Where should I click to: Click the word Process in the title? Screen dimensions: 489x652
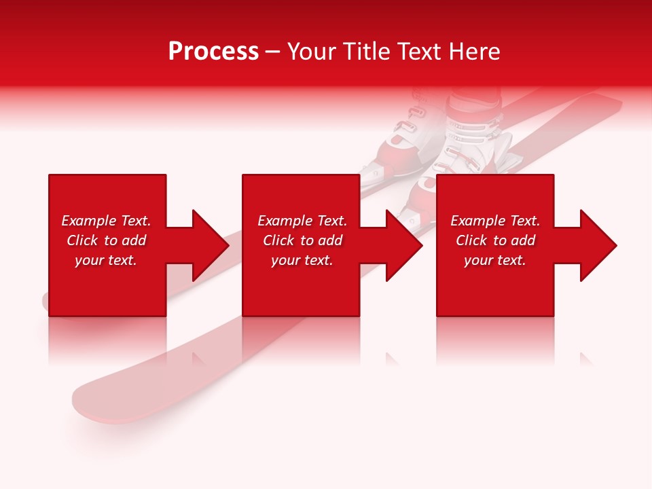tap(213, 52)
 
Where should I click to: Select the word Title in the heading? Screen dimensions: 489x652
tap(366, 52)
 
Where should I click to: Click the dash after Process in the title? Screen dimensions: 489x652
tap(273, 53)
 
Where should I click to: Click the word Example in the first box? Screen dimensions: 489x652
tap(88, 221)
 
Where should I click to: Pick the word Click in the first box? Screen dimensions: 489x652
tap(83, 240)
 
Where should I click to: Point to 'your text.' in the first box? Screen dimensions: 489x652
tap(106, 260)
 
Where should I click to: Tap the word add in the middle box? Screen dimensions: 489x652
tap(330, 240)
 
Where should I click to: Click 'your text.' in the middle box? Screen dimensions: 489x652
tap(302, 260)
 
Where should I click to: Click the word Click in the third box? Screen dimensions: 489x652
tap(471, 240)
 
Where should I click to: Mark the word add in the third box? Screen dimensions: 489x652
tap(523, 240)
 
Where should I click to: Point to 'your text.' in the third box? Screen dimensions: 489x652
tap(495, 260)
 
